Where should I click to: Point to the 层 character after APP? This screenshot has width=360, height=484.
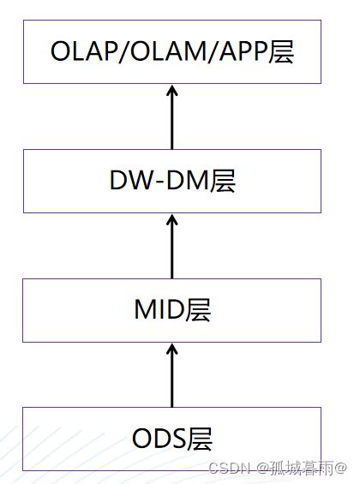(280, 51)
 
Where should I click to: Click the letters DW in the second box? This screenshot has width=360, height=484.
(128, 181)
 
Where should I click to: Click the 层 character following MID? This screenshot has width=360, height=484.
(198, 310)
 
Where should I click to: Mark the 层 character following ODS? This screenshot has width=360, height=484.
(200, 439)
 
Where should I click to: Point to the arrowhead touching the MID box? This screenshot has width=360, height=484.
(171, 350)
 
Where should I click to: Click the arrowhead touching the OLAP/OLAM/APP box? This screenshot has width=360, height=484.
(171, 92)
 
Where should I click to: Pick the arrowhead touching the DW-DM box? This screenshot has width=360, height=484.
(171, 221)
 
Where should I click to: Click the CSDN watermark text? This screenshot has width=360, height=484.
(228, 469)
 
